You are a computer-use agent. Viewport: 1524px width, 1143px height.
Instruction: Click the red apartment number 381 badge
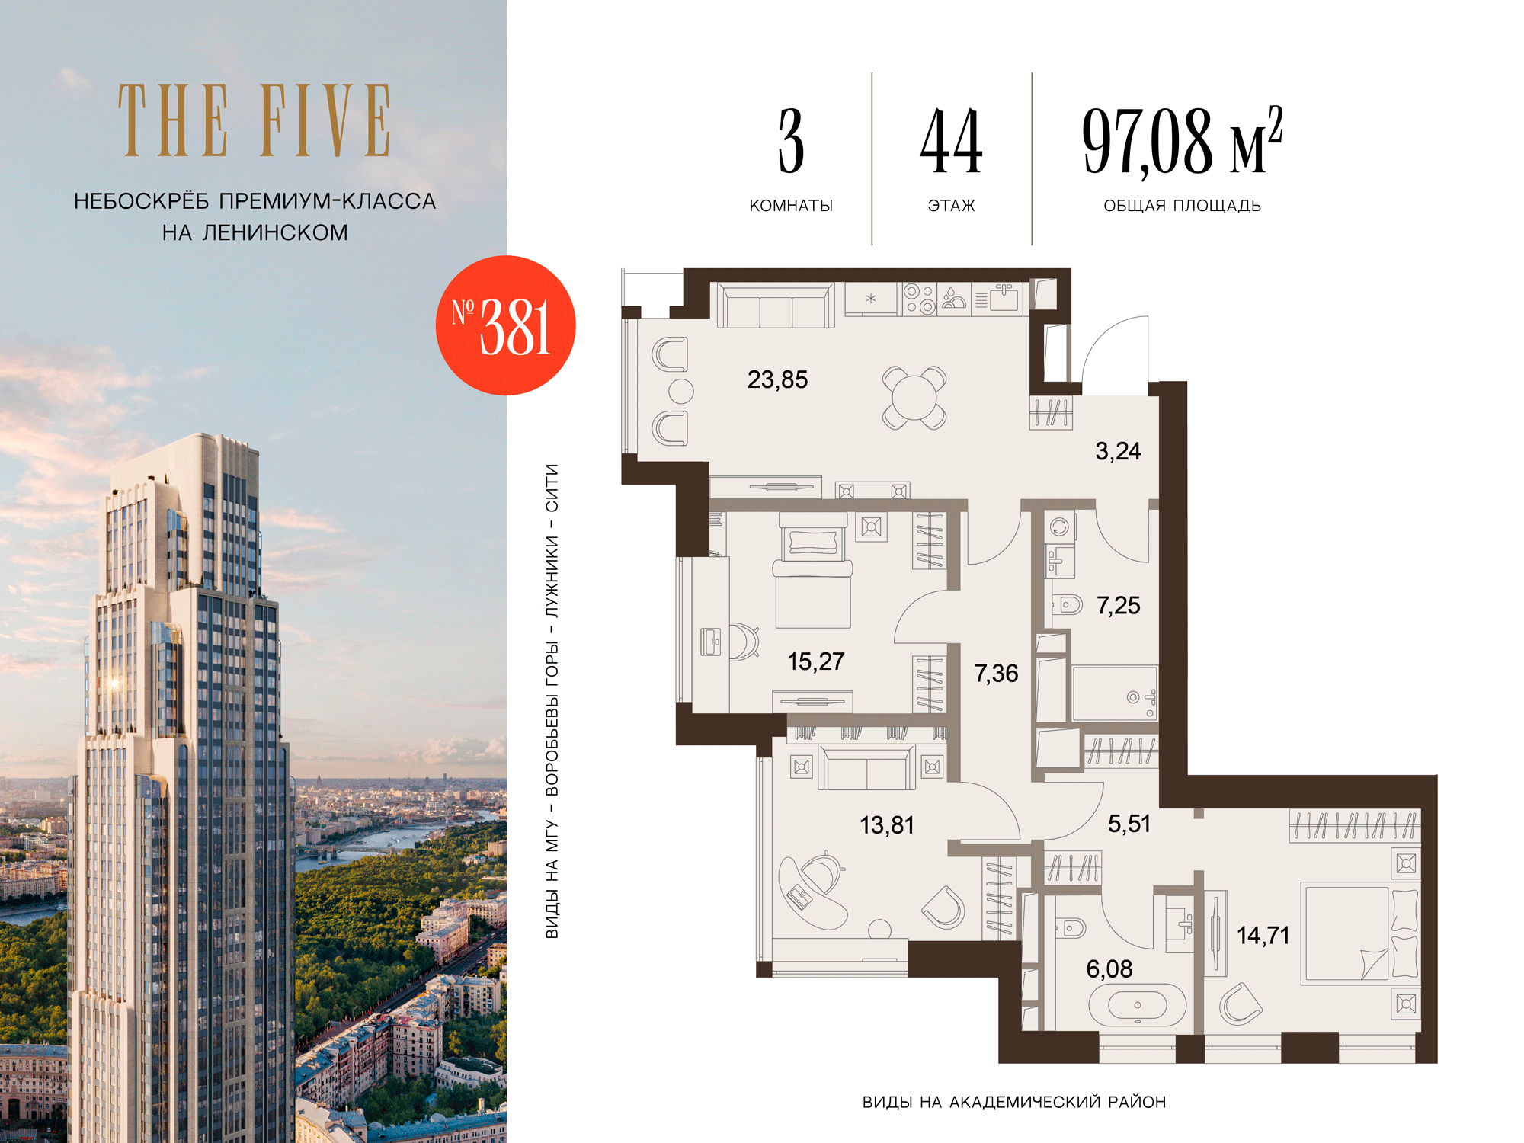pyautogui.click(x=505, y=325)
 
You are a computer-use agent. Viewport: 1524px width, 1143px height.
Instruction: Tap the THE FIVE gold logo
pyautogui.click(x=255, y=120)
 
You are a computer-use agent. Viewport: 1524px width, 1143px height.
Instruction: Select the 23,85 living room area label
pyautogui.click(x=777, y=379)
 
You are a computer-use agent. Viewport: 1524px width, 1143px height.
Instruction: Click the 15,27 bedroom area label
pyautogui.click(x=815, y=661)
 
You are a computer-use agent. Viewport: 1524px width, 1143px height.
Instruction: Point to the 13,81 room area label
pyautogui.click(x=886, y=825)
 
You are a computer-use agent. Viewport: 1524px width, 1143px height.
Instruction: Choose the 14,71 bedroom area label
pyautogui.click(x=1263, y=936)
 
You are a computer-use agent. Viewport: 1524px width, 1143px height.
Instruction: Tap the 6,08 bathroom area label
pyautogui.click(x=1109, y=969)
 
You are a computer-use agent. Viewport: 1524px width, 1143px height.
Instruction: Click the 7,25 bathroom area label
pyautogui.click(x=1118, y=606)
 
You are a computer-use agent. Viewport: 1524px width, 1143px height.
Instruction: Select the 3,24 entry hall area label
pyautogui.click(x=1118, y=451)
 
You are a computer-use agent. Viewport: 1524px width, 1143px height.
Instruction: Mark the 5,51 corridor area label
pyautogui.click(x=1129, y=824)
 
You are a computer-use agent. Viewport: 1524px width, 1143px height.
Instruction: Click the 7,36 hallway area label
pyautogui.click(x=996, y=674)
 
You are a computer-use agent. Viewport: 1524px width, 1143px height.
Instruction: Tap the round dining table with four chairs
pyautogui.click(x=914, y=398)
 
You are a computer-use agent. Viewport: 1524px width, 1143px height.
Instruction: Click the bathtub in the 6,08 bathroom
pyautogui.click(x=1137, y=1005)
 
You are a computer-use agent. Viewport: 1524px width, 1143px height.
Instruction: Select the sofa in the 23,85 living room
pyautogui.click(x=776, y=306)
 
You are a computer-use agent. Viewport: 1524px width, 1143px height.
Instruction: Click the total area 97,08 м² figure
pyautogui.click(x=1182, y=140)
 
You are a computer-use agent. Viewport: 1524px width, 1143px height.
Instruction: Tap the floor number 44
pyautogui.click(x=951, y=141)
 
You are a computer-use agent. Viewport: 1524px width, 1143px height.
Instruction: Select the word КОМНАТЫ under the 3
pyautogui.click(x=791, y=206)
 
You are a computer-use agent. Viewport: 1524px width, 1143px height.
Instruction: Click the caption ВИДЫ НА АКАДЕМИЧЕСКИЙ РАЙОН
pyautogui.click(x=1014, y=1102)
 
